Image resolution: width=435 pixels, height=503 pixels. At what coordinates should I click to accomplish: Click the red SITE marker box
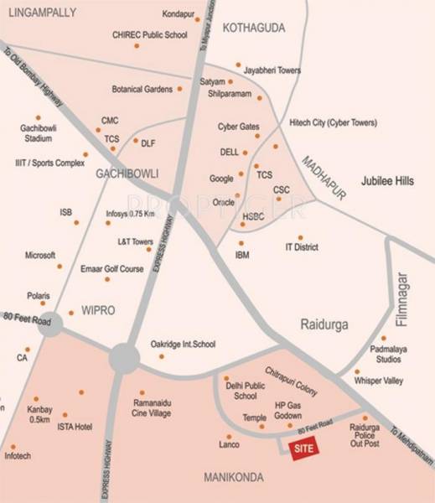(x=303, y=449)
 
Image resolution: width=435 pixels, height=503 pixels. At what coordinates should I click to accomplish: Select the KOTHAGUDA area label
(x=254, y=29)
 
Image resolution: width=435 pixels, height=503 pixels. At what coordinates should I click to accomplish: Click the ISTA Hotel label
(x=75, y=427)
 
